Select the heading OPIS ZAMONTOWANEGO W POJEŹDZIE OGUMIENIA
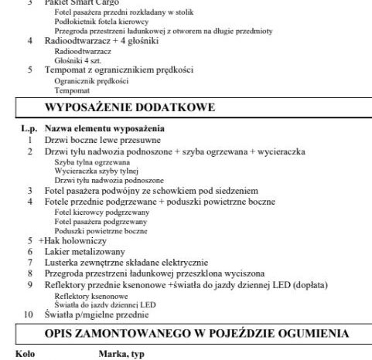188,333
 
